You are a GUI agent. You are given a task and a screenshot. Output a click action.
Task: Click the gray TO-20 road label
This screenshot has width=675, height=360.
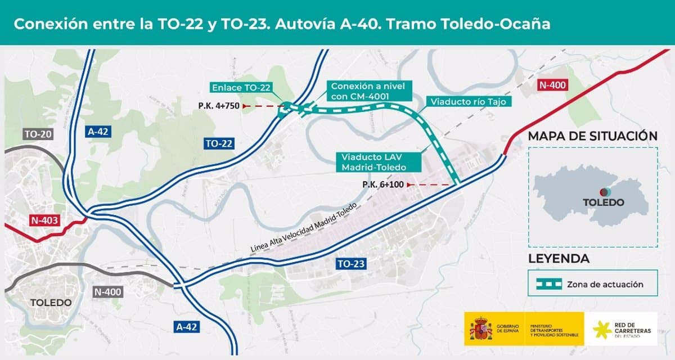point(37,134)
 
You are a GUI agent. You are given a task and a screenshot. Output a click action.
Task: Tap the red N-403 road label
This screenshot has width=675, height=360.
point(44,219)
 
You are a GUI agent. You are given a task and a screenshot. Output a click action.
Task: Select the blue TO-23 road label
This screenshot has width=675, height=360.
point(352,263)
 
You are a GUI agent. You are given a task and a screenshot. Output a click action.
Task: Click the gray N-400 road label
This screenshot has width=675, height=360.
point(108,291)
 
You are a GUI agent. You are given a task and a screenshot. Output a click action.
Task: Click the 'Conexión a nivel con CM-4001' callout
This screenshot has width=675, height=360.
point(368,91)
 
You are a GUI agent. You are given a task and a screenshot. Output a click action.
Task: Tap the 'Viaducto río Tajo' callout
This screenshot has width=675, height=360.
point(469,102)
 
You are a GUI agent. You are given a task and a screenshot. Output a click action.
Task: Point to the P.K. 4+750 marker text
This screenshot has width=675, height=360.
point(218,106)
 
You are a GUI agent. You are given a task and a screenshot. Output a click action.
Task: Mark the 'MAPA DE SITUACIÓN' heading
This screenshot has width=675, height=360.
point(593,136)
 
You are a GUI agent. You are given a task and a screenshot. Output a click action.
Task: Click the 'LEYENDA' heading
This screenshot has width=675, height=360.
point(559,259)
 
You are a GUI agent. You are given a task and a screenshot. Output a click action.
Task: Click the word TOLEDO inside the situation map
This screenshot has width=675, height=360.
point(603,202)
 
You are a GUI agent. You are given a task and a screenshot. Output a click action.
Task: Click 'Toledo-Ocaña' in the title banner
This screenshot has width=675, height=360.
point(495,24)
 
